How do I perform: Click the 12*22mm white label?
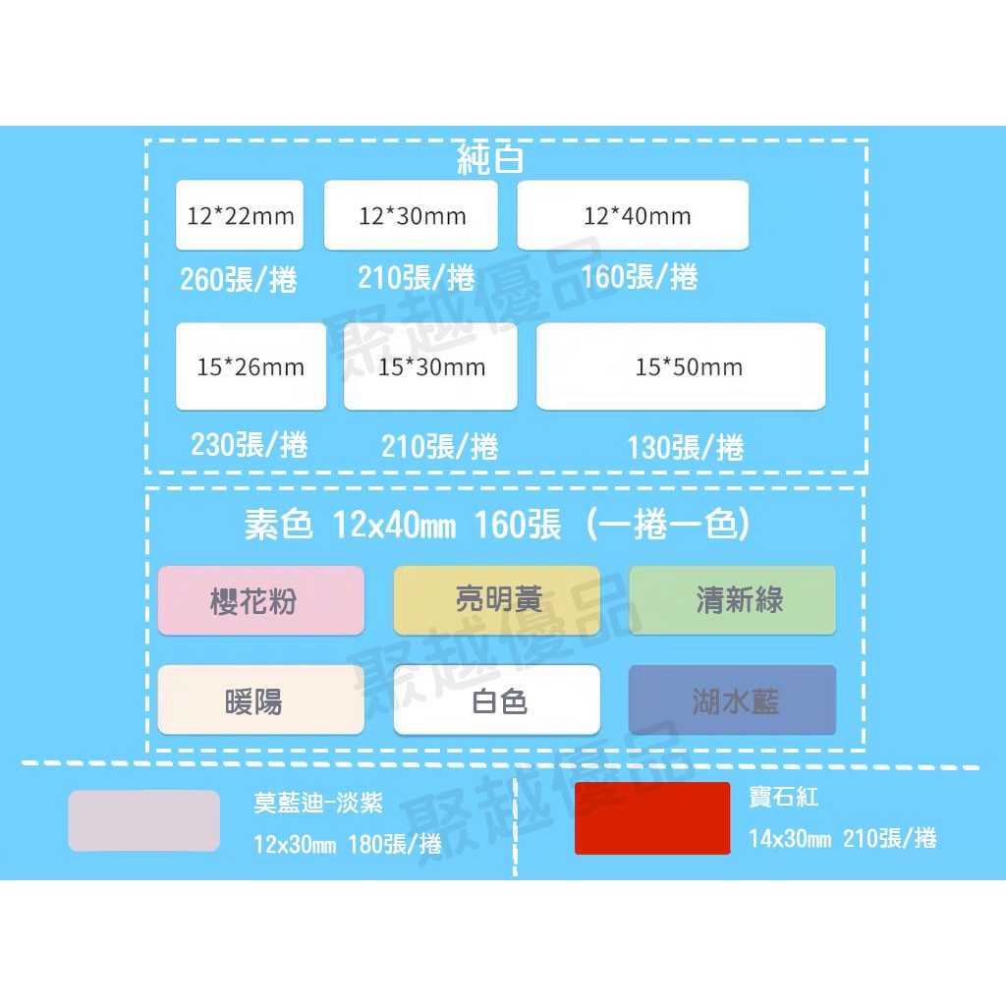pyautogui.click(x=240, y=215)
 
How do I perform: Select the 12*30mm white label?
pyautogui.click(x=411, y=215)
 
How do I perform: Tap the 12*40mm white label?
pyautogui.click(x=633, y=215)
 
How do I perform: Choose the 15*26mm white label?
pyautogui.click(x=251, y=366)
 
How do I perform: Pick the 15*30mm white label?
pyautogui.click(x=430, y=366)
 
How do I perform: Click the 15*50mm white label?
pyautogui.click(x=681, y=366)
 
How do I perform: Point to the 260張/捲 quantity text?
pyautogui.click(x=239, y=279)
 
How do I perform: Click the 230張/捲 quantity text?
pyautogui.click(x=250, y=445)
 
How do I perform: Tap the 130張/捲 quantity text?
pyautogui.click(x=685, y=447)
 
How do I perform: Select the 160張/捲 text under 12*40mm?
pyautogui.click(x=639, y=276)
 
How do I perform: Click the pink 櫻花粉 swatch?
pyautogui.click(x=261, y=600)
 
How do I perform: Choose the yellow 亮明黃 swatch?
pyautogui.click(x=496, y=600)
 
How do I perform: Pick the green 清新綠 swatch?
pyautogui.click(x=733, y=600)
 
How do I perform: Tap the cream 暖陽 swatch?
pyautogui.click(x=261, y=699)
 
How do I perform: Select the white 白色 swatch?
pyautogui.click(x=496, y=699)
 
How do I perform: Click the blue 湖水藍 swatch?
pyautogui.click(x=733, y=699)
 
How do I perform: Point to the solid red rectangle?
pyautogui.click(x=652, y=818)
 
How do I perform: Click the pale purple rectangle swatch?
pyautogui.click(x=144, y=821)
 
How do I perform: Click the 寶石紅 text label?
pyautogui.click(x=784, y=797)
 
